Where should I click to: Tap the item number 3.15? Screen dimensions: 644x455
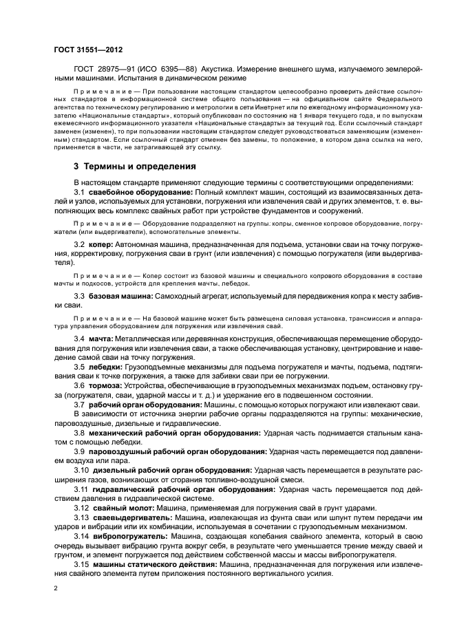(x=82, y=563)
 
